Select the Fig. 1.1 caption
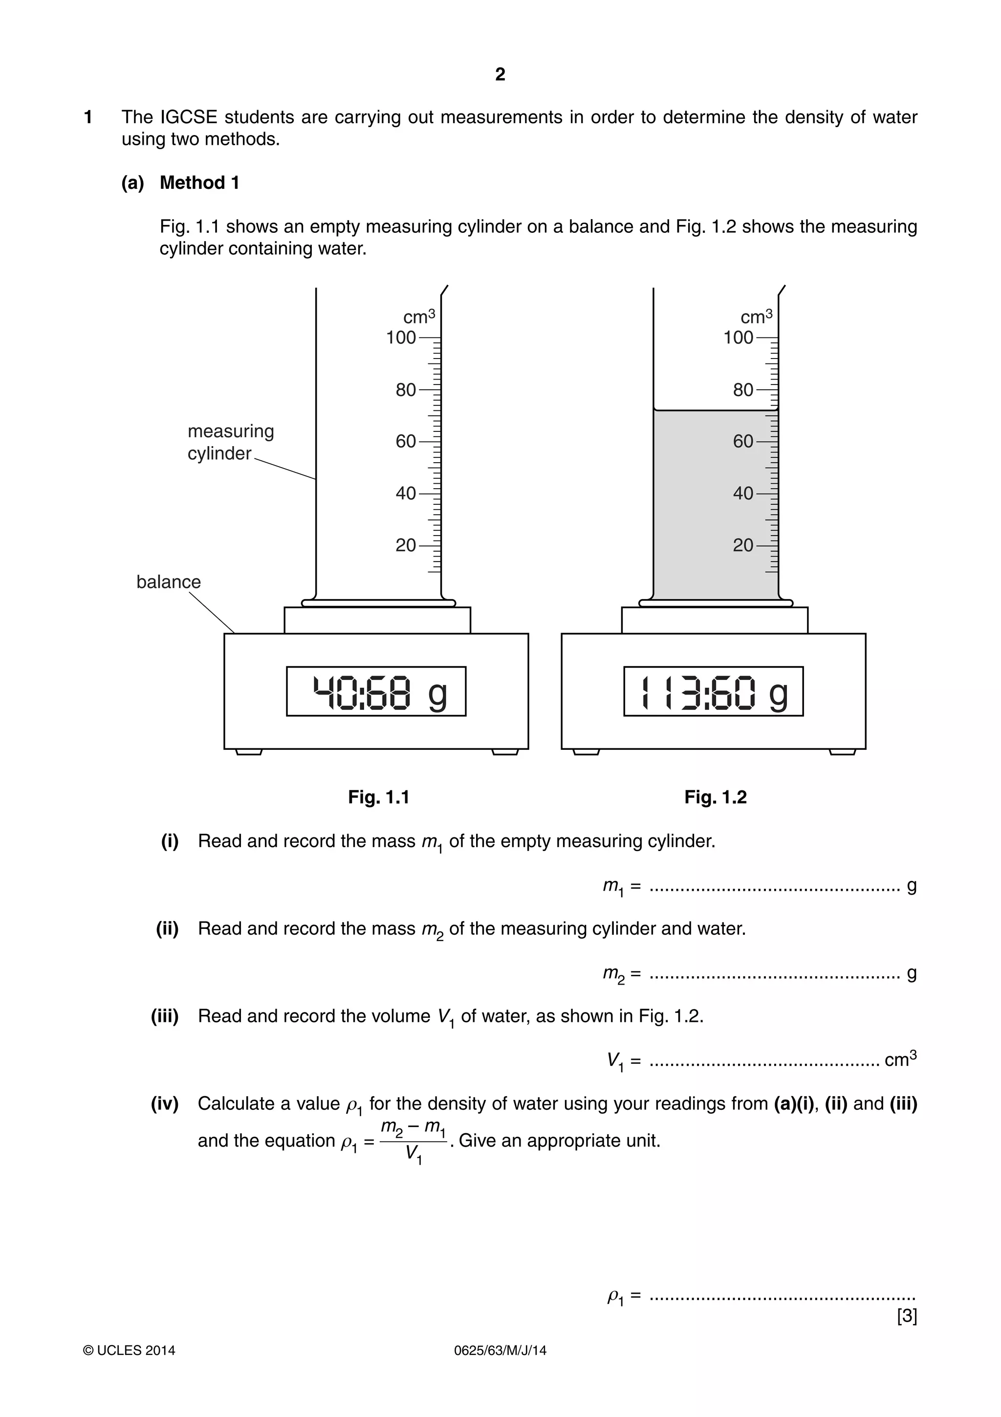(x=378, y=797)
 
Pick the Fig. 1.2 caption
(x=716, y=797)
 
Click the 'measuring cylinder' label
(x=230, y=442)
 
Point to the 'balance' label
(x=168, y=582)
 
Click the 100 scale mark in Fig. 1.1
(x=401, y=338)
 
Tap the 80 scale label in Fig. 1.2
(x=743, y=390)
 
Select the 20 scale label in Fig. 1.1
(x=406, y=545)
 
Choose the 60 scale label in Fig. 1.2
(x=743, y=441)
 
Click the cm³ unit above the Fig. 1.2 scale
(x=756, y=316)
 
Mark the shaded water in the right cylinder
(x=716, y=506)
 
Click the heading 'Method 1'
(x=199, y=182)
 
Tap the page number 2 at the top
(x=500, y=75)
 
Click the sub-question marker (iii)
(x=165, y=1016)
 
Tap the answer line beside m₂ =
(x=774, y=974)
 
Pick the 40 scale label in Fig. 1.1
(x=406, y=494)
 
